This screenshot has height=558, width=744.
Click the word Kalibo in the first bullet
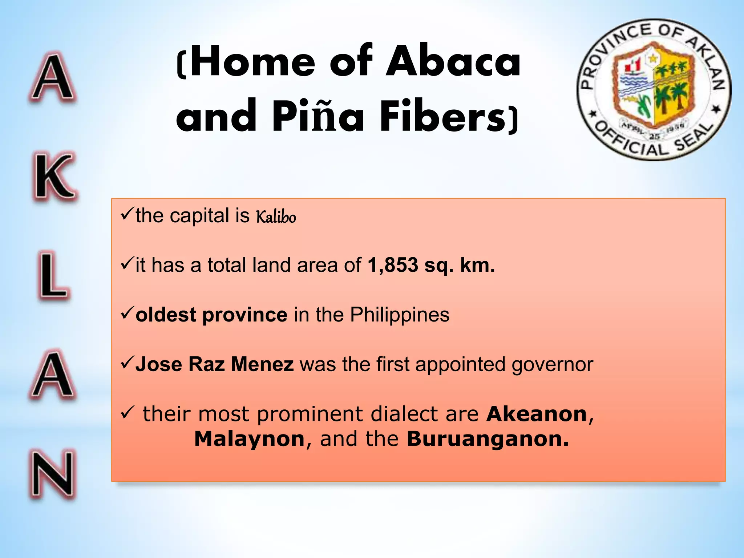[x=276, y=217]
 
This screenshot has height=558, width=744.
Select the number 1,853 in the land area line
[x=393, y=265]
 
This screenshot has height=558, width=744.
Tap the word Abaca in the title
[x=453, y=62]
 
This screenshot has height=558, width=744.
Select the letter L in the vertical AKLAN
[x=53, y=276]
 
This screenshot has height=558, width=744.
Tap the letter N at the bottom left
[x=53, y=474]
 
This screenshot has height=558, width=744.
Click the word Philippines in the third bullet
[x=400, y=315]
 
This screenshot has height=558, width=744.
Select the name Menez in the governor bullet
[x=262, y=364]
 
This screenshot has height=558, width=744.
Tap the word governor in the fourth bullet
[x=552, y=365]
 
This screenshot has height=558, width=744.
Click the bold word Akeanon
[x=537, y=414]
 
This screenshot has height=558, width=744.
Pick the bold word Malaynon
[x=249, y=439]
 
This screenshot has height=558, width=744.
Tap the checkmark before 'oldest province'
[x=127, y=312]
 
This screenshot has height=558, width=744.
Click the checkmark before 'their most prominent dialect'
[x=128, y=413]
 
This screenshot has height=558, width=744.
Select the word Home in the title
[x=253, y=62]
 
